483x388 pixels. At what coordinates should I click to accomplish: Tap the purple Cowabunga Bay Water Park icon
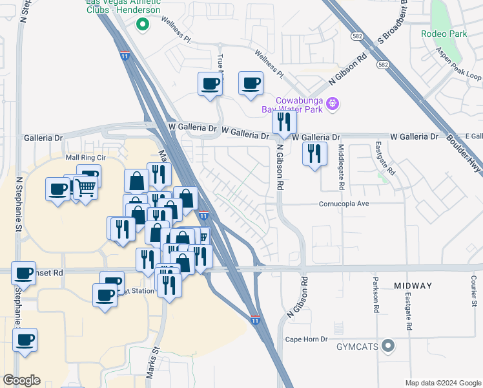click(333, 103)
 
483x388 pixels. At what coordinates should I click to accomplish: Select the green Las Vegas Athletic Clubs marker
click(143, 25)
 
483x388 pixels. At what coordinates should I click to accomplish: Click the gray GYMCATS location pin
click(388, 347)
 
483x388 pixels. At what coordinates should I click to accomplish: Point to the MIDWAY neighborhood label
click(413, 285)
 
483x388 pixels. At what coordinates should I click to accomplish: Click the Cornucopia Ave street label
click(352, 203)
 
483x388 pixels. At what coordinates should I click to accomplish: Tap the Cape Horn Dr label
click(307, 339)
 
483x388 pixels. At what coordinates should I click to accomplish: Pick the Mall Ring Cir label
click(85, 157)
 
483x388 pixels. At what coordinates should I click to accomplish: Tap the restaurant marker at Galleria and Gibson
click(284, 122)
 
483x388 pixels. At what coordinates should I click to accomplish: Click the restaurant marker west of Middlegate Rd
click(314, 154)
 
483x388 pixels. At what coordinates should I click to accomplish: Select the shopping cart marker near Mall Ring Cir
click(85, 188)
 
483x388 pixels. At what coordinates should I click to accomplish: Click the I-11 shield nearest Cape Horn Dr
click(256, 319)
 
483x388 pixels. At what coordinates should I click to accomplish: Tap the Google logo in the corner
click(22, 380)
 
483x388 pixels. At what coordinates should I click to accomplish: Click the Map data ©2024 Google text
click(442, 382)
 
